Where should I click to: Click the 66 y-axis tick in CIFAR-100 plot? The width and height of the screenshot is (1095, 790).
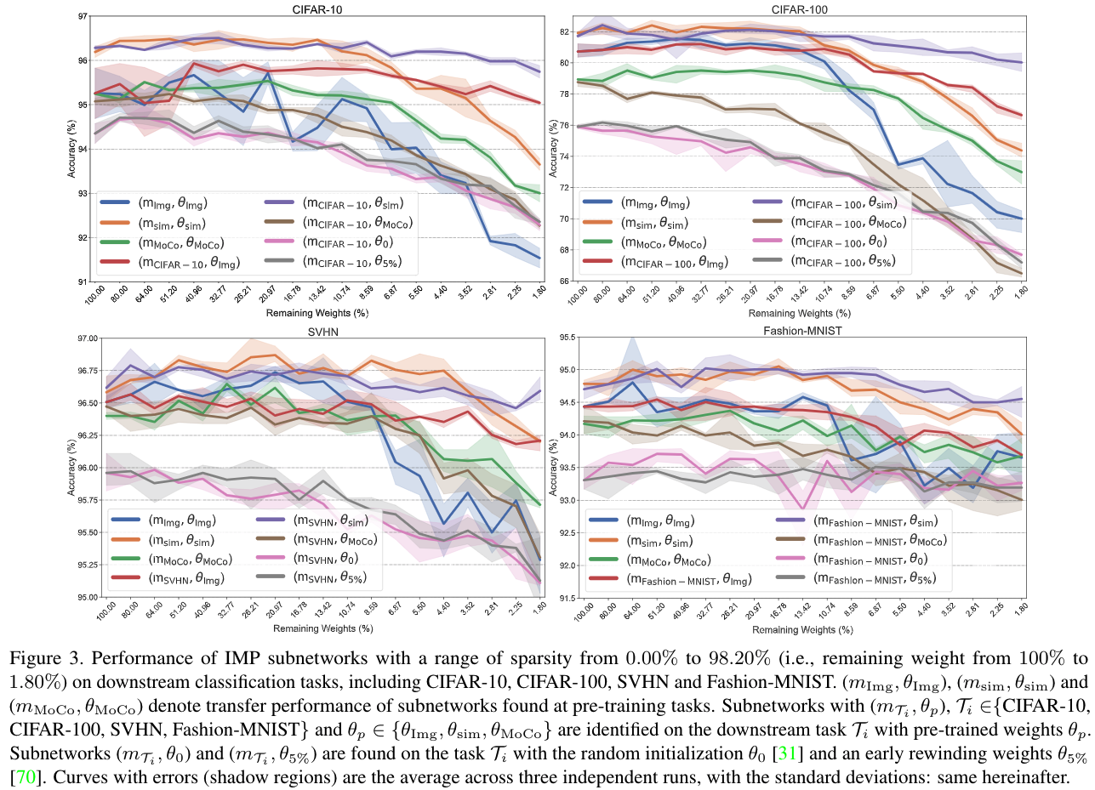[x=563, y=281]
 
